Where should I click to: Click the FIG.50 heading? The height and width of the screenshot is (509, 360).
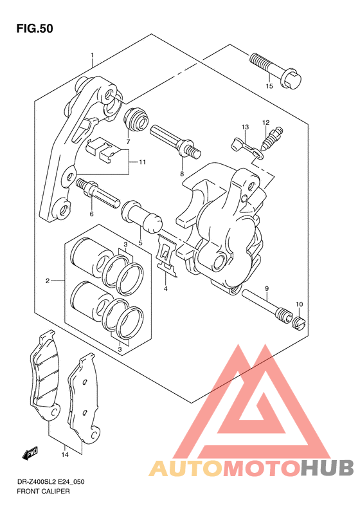click(35, 28)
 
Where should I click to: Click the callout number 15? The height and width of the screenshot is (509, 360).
click(269, 86)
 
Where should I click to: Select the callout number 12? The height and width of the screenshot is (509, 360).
click(266, 122)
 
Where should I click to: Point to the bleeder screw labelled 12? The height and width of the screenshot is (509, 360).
click(273, 138)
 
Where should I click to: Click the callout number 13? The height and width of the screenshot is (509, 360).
click(245, 127)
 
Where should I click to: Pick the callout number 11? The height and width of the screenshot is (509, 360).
click(142, 162)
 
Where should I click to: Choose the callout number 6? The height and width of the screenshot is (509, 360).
click(91, 214)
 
